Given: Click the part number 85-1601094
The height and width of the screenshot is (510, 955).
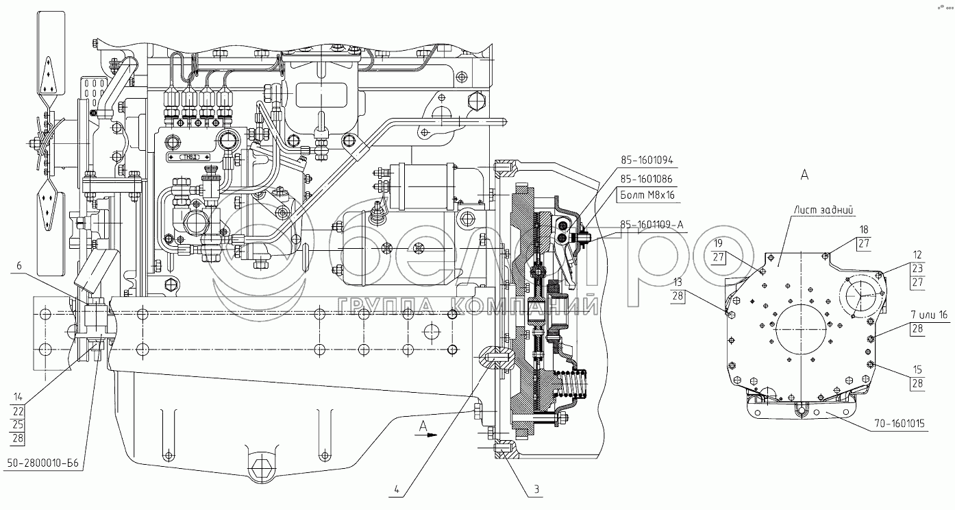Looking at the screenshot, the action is coord(647,160).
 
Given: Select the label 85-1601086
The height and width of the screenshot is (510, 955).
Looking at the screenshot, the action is coord(647,179).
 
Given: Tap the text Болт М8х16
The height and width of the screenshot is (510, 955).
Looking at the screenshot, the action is coord(647,195).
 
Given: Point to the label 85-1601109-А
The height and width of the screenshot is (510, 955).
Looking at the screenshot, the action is coord(652,225).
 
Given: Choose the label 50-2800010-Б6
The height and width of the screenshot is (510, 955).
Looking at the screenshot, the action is coord(43,463).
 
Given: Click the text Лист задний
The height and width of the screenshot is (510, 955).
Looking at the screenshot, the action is coord(823,210).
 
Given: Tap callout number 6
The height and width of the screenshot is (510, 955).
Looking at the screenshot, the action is coord(18,266).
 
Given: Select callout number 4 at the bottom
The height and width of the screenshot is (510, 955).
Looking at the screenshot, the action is coord(397,490).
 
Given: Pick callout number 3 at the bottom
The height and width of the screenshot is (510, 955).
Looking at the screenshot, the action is coord(537,489).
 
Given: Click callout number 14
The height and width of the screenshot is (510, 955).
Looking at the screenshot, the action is coord(18,397).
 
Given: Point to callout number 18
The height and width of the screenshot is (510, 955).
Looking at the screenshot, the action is coord(864,230).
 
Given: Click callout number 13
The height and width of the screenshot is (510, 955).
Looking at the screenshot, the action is coord(678,282).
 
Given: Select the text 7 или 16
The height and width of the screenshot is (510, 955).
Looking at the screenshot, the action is coord(930,315).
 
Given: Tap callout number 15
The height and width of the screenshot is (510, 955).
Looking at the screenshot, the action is coord(917,369).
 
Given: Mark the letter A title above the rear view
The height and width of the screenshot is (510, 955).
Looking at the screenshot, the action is coord(804,175).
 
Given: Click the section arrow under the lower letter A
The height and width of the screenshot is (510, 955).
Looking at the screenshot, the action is coord(426,435).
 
